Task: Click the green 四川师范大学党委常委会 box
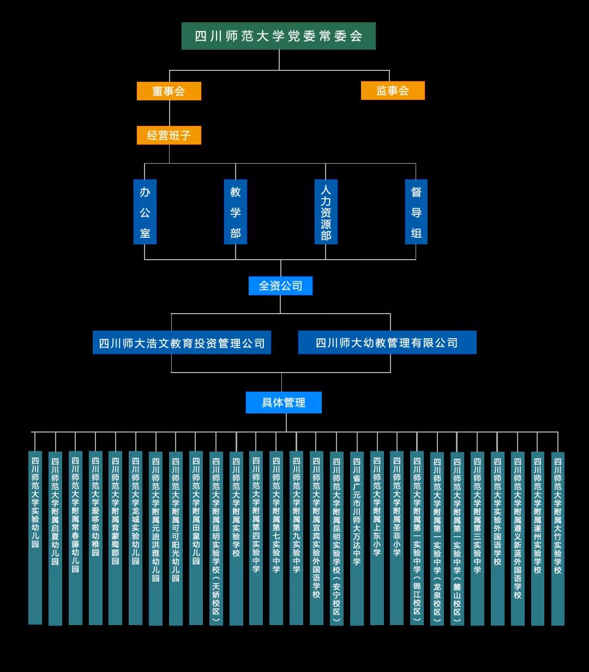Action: click(x=278, y=36)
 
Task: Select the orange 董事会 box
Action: click(x=169, y=91)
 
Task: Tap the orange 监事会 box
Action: click(x=393, y=91)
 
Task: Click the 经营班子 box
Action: click(x=169, y=135)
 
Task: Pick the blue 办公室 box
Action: click(x=145, y=212)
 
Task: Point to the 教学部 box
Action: click(x=236, y=212)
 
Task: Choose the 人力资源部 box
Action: click(x=326, y=212)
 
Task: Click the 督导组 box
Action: click(x=416, y=212)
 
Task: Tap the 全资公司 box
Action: click(x=280, y=286)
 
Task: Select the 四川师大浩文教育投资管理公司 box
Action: click(x=182, y=343)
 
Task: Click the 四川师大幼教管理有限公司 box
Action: click(x=387, y=343)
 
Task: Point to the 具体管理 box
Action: click(x=284, y=403)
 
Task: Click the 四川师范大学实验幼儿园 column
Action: click(x=35, y=537)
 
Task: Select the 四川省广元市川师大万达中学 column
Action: click(x=357, y=537)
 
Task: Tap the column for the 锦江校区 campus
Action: click(x=417, y=537)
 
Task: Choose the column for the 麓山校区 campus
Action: click(x=457, y=537)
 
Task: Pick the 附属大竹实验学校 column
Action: click(x=557, y=537)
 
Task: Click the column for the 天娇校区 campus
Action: click(x=216, y=537)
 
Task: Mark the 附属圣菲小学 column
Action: click(x=397, y=537)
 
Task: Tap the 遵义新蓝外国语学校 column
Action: click(x=518, y=537)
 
